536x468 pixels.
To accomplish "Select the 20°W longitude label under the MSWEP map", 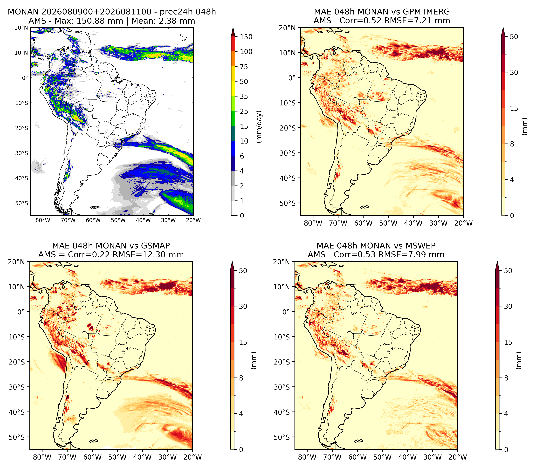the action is (458, 457).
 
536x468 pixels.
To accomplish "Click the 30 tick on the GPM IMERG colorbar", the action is (514, 73).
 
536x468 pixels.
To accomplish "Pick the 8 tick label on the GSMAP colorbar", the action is (241, 378).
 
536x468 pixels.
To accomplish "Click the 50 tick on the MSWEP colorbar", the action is (508, 271).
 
